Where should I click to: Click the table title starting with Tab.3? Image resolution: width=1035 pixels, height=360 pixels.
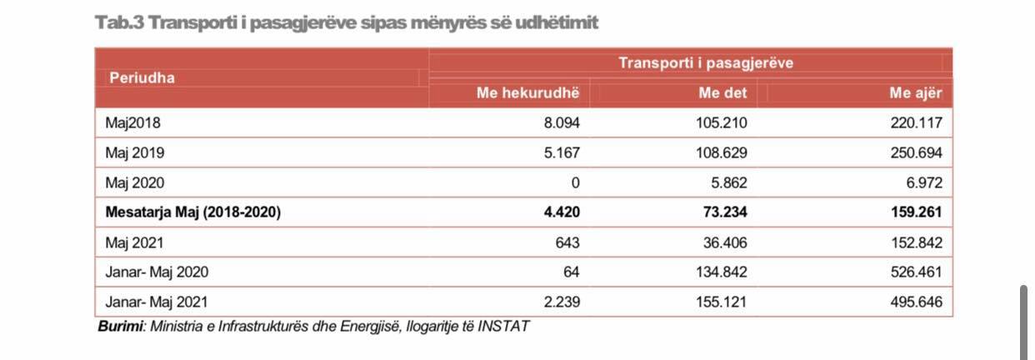[347, 23]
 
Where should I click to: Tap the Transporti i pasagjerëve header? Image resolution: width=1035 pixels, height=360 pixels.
[705, 62]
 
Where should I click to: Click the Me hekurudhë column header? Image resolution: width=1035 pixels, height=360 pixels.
[527, 93]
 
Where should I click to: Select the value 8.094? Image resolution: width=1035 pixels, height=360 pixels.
[560, 123]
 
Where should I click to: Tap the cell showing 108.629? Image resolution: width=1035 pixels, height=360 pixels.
[722, 153]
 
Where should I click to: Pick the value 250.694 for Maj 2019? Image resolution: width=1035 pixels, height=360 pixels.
[915, 153]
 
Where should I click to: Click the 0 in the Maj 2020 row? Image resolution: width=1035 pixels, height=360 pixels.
[575, 182]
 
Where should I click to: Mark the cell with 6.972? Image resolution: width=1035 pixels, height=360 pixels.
[922, 182]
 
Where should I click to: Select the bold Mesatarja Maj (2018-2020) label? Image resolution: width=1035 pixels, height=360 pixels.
[193, 212]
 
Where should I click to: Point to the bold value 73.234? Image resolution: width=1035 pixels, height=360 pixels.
[725, 212]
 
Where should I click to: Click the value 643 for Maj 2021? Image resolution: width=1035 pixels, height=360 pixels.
[567, 242]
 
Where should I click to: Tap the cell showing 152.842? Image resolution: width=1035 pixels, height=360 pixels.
[915, 242]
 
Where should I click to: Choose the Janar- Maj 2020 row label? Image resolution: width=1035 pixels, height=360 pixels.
[157, 272]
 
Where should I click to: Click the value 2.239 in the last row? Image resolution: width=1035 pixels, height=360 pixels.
[560, 302]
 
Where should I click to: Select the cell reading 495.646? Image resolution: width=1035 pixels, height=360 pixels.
[915, 302]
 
